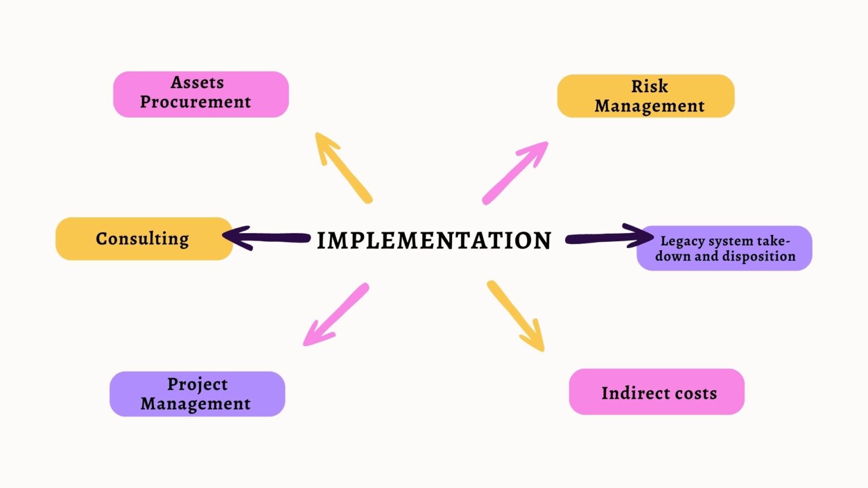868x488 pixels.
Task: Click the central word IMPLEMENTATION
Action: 433,241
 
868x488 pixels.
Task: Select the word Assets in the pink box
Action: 197,82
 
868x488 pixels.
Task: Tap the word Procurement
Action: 196,102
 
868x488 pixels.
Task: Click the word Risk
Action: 649,86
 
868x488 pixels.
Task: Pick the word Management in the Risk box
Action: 649,106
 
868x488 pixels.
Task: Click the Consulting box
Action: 144,239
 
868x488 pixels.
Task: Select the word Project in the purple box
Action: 197,384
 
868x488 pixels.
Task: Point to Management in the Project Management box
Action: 196,404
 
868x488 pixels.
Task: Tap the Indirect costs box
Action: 657,392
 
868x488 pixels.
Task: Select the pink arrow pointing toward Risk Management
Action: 515,172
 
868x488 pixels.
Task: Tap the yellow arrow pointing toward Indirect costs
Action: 515,315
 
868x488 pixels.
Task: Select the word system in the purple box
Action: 731,241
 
